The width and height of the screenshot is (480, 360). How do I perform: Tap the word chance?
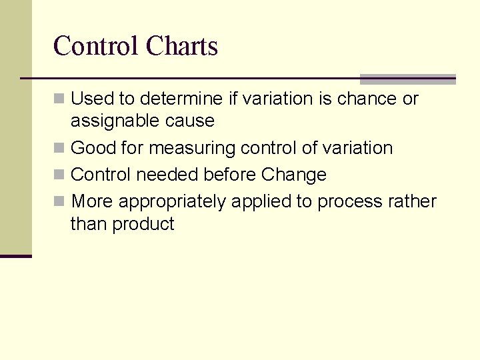pos(369,99)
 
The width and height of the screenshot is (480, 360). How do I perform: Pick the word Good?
pos(93,148)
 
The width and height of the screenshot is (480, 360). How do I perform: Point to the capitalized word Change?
pos(294,175)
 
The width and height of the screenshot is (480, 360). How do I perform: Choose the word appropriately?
pos(172,201)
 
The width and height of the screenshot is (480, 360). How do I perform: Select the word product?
pos(143,224)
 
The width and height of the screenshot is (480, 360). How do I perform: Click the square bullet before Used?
pos(60,99)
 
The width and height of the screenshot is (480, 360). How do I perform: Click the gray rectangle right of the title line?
pos(407,79)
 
